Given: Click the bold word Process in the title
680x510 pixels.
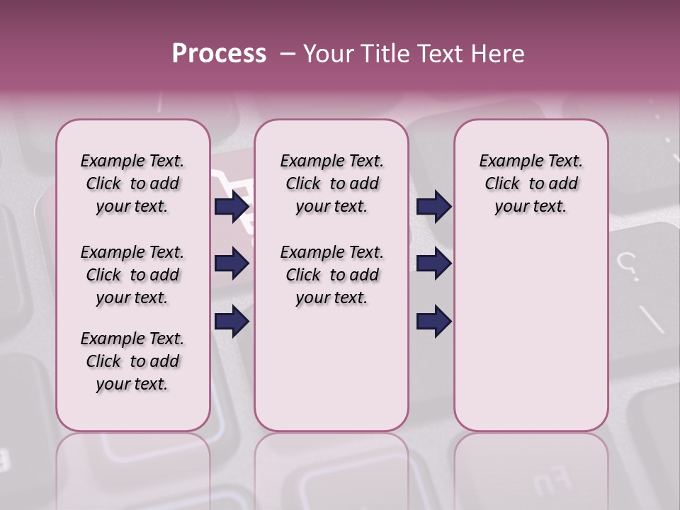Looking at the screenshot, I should (x=219, y=54).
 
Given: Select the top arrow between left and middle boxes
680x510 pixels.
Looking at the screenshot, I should (x=232, y=206).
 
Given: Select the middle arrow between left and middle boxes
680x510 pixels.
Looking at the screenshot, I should (x=232, y=264).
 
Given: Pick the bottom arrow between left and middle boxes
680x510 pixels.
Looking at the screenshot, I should (x=232, y=322).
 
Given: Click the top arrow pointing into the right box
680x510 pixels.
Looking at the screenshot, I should (x=433, y=206).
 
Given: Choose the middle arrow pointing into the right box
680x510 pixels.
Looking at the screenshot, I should (x=433, y=264).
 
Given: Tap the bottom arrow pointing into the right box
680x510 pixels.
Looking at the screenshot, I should (x=433, y=322).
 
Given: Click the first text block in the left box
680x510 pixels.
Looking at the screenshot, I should (x=132, y=183).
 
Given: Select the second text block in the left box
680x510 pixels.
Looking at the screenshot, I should (x=132, y=275).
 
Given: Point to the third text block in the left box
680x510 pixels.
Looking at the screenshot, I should (x=132, y=361).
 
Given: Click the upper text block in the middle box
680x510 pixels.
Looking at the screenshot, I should (x=331, y=183).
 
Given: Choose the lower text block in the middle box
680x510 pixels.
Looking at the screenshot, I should (x=331, y=275).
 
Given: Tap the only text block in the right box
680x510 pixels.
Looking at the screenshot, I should (x=531, y=183).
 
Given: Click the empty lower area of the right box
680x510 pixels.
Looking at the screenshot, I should (x=531, y=333).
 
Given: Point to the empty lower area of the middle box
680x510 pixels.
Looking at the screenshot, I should (x=331, y=368).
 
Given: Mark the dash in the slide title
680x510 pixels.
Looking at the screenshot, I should (x=288, y=54).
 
